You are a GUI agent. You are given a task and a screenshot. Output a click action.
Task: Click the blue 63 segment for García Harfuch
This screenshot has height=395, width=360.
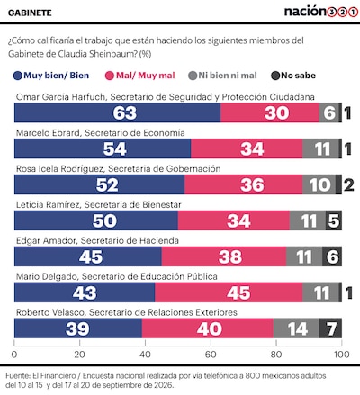117,112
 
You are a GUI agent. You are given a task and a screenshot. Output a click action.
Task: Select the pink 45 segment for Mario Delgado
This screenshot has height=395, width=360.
229,292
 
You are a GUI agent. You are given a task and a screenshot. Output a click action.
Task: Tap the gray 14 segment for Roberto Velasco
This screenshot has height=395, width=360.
296,328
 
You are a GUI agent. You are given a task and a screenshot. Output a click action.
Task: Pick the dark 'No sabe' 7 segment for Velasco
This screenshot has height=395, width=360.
330,328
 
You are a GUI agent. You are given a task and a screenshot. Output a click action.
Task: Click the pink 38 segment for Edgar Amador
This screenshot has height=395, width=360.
224,256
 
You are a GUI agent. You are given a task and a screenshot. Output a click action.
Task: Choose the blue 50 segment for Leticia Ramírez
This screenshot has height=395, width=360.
96,220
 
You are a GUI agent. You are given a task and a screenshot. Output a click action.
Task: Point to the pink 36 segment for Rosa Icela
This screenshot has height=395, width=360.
244,184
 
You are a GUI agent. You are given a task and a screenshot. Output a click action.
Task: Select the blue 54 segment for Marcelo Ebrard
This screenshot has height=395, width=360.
103,148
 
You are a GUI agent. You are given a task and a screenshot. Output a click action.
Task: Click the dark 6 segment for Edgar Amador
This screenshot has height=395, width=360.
332,256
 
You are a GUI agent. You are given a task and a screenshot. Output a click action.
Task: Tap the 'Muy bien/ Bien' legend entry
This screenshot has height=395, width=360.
51,76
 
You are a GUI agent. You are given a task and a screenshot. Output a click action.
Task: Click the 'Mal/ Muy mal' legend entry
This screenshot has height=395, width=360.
140,76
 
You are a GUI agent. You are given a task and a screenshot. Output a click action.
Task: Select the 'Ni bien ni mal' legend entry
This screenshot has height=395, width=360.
222,76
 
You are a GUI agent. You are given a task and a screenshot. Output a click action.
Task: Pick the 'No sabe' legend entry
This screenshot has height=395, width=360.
293,76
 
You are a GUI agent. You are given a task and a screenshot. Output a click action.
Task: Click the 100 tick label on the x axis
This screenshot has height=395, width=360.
342,355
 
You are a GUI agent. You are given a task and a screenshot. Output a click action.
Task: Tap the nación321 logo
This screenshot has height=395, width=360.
321,12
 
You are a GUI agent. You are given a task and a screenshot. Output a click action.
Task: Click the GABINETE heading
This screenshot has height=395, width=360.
30,13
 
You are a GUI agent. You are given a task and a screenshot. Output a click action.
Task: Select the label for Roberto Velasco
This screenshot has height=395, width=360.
127,312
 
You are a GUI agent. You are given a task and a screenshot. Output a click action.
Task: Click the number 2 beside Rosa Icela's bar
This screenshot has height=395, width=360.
348,184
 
